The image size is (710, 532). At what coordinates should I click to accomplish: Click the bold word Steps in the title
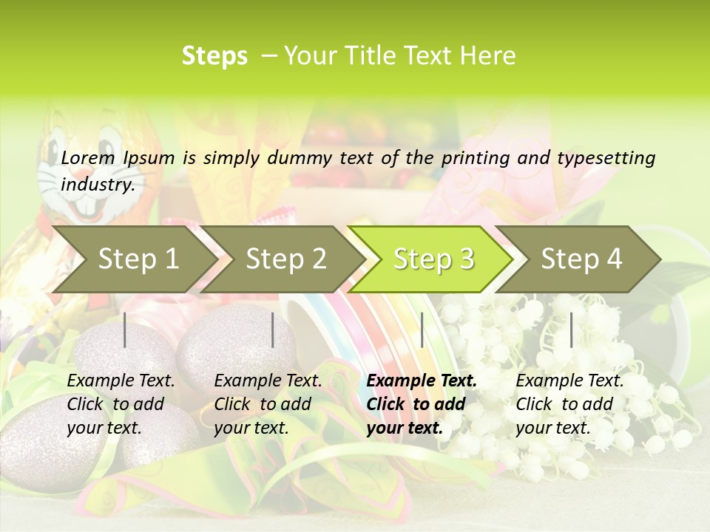pyautogui.click(x=214, y=56)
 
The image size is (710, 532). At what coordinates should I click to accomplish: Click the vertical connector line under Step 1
pyautogui.click(x=125, y=330)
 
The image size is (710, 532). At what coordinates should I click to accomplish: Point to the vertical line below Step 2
pyautogui.click(x=273, y=330)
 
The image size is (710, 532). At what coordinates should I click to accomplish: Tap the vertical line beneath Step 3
pyautogui.click(x=422, y=330)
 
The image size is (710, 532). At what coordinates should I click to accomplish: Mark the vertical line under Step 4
pyautogui.click(x=571, y=330)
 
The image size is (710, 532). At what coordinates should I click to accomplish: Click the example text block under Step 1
pyautogui.click(x=121, y=404)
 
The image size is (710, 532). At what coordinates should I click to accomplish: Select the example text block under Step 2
pyautogui.click(x=268, y=404)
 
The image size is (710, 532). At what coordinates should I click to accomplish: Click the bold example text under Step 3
pyautogui.click(x=422, y=404)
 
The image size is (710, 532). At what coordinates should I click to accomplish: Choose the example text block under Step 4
pyautogui.click(x=569, y=404)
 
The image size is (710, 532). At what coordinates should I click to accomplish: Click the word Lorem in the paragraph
pyautogui.click(x=88, y=158)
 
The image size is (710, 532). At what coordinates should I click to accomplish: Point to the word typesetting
pyautogui.click(x=612, y=158)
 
